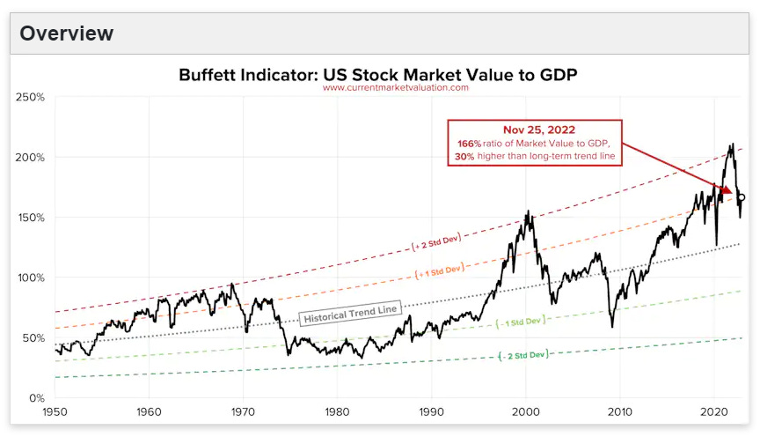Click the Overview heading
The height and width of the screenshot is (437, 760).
pos(66,33)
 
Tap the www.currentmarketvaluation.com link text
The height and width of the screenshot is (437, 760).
pos(395,88)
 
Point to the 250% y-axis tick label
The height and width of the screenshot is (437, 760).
pos(32,97)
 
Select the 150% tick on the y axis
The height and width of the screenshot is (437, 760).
pos(32,218)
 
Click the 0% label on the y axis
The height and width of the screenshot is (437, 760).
pos(38,398)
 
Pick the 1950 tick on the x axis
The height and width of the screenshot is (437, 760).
pos(55,411)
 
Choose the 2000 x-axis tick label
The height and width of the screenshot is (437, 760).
pos(525,411)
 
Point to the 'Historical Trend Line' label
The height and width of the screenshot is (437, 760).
pos(351,314)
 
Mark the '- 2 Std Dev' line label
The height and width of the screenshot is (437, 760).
pos(522,354)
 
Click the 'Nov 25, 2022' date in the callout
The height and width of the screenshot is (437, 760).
pos(534,130)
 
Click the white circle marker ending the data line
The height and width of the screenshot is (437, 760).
pos(741,197)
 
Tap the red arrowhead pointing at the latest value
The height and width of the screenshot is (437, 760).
pos(727,189)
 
